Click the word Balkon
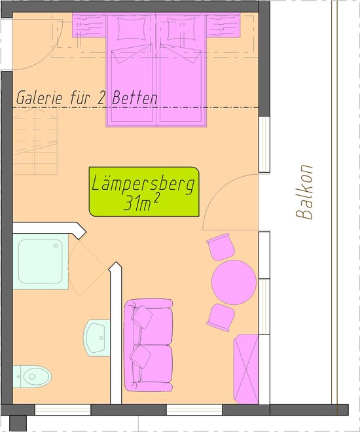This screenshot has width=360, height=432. point(304,192)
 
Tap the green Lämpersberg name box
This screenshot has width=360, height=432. point(144,192)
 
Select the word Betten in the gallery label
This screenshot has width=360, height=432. point(135,98)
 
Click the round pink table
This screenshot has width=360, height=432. point(234,282)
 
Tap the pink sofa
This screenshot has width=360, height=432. point(149,345)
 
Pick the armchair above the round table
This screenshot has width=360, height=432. point(221,247)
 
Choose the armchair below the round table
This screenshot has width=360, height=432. point(221,317)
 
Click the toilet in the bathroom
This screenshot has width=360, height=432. point(32,376)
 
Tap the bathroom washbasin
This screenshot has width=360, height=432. point(97,338)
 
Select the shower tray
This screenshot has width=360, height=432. point(41,261)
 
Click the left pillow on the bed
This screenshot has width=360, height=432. point(131,29)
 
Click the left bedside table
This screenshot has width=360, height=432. point(89,26)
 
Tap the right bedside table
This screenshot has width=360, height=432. point(223,26)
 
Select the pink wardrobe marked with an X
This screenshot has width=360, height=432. point(246,369)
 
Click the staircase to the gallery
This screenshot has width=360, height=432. point(35,141)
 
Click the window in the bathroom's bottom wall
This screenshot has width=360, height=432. point(63,410)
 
